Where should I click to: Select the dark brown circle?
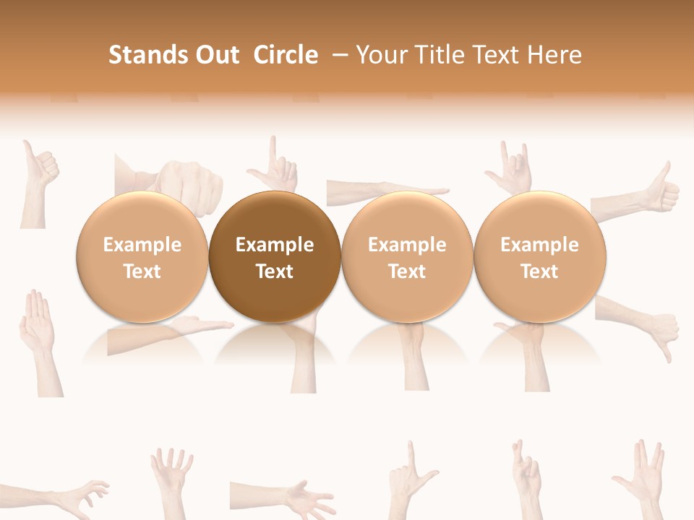pyautogui.click(x=275, y=257)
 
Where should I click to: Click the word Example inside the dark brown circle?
pyautogui.click(x=275, y=245)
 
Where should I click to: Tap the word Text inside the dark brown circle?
pyautogui.click(x=275, y=272)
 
